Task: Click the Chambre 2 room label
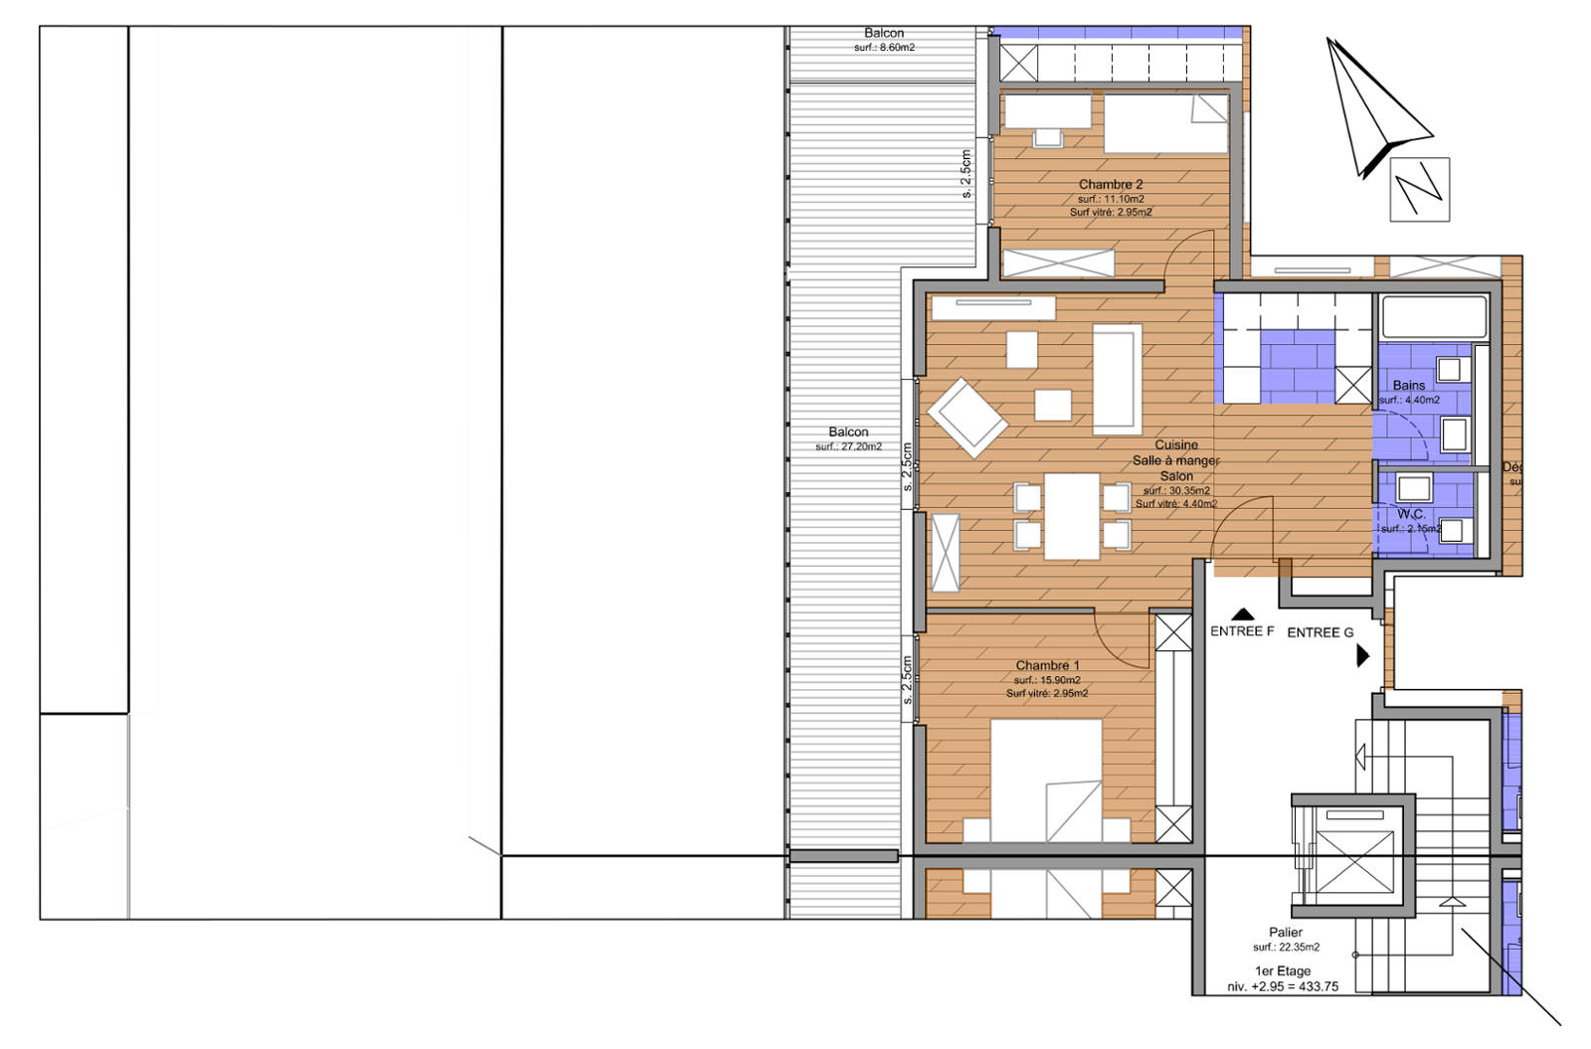(x=1110, y=185)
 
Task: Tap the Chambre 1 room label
(x=1046, y=665)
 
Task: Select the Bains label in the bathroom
(x=1408, y=385)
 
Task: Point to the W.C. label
(x=1410, y=514)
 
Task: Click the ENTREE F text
(x=1241, y=631)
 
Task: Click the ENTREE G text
(x=1320, y=632)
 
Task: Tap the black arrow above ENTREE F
(x=1242, y=614)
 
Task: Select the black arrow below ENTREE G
(x=1362, y=655)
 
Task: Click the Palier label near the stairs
(x=1285, y=933)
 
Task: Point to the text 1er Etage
(x=1283, y=971)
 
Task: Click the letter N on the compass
(x=1418, y=189)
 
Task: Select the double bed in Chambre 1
(x=1046, y=781)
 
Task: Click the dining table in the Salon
(x=1071, y=516)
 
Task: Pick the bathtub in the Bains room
(x=1433, y=317)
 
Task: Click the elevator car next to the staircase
(x=1353, y=860)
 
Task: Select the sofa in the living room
(x=1117, y=379)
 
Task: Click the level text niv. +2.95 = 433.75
(x=1282, y=987)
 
